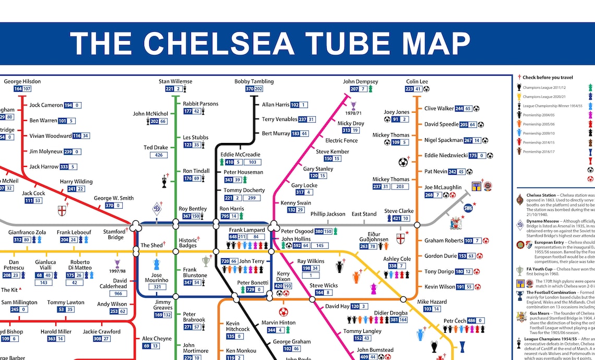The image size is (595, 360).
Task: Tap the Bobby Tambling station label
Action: (254, 81)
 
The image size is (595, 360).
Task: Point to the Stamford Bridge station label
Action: (114, 234)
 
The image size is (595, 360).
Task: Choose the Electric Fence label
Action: (341, 140)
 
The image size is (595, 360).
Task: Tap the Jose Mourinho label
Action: (157, 278)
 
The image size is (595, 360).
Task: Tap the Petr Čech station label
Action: (455, 321)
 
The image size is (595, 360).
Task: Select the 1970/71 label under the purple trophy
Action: (353, 113)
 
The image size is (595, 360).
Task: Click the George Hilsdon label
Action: (22, 81)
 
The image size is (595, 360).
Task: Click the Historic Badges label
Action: (188, 243)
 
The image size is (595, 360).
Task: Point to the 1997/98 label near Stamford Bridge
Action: (117, 271)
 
